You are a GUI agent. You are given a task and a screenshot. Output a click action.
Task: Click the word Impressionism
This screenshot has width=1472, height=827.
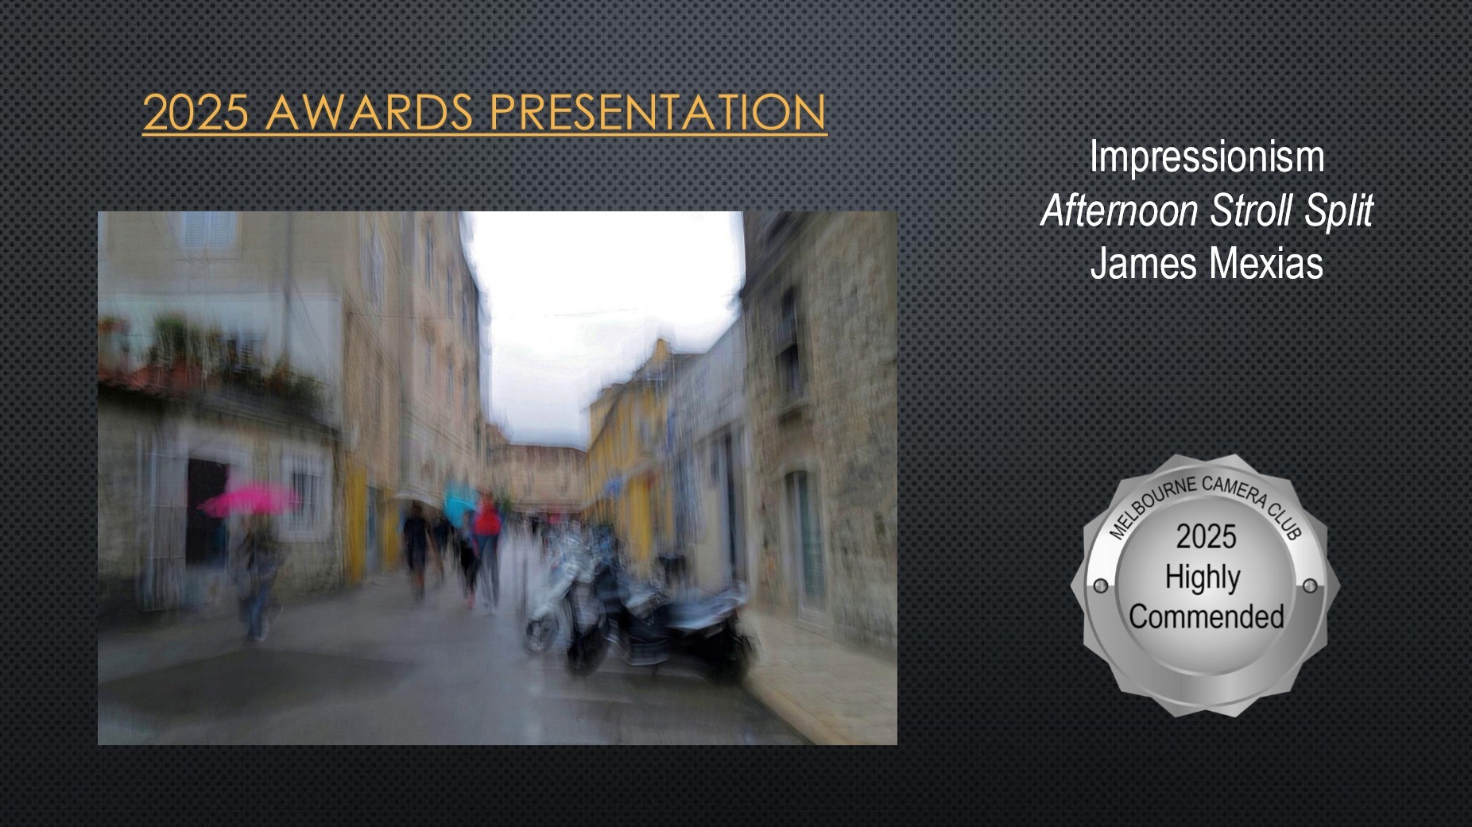pos(1207,157)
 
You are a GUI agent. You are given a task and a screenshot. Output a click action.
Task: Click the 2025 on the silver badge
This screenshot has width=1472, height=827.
pos(1206,537)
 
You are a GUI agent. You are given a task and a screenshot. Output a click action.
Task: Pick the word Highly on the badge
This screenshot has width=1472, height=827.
pos(1203,578)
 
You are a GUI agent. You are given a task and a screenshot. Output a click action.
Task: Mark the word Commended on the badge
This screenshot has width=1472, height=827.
pos(1206,616)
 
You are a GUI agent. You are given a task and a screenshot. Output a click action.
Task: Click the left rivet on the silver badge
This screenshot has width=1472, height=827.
pos(1101,586)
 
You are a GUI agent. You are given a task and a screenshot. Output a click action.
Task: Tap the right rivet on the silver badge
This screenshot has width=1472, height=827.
pos(1310,586)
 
